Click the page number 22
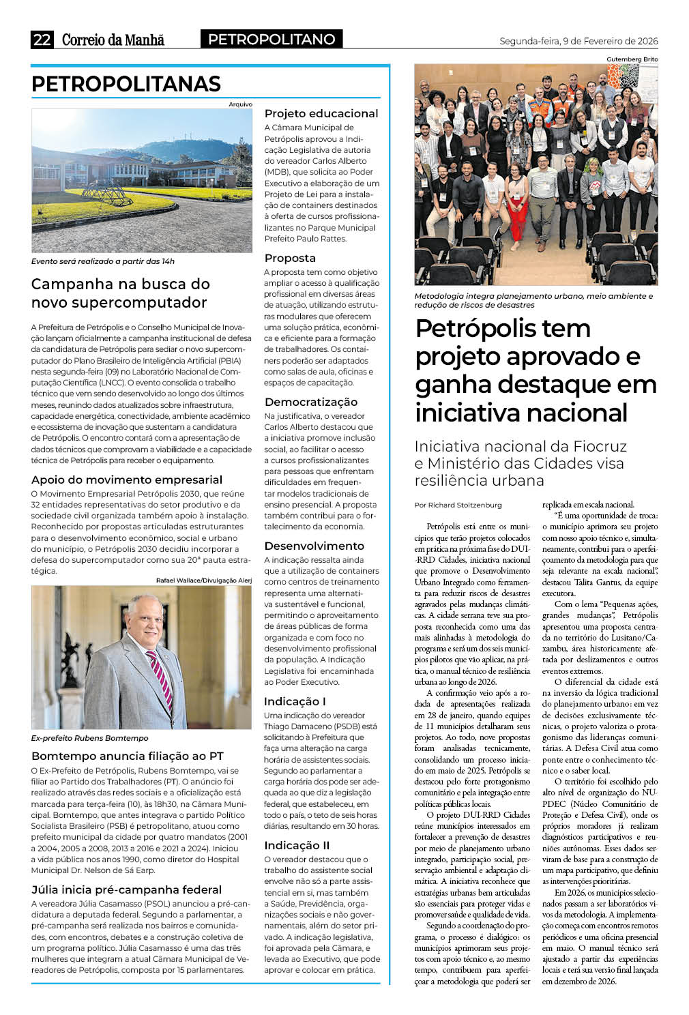(42, 40)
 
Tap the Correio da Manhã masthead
(113, 40)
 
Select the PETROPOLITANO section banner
(272, 40)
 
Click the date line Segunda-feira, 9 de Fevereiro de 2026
(578, 41)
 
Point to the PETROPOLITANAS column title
(126, 84)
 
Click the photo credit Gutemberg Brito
(632, 59)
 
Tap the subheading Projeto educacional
(321, 113)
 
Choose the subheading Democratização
(311, 402)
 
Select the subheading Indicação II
(297, 845)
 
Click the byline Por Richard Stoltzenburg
(458, 505)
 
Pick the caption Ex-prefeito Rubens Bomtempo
(89, 738)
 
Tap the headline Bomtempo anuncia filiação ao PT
(128, 756)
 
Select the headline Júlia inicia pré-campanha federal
(127, 889)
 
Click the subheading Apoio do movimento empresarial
(127, 480)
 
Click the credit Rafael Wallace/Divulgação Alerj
(204, 580)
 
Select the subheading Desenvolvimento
(314, 546)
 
